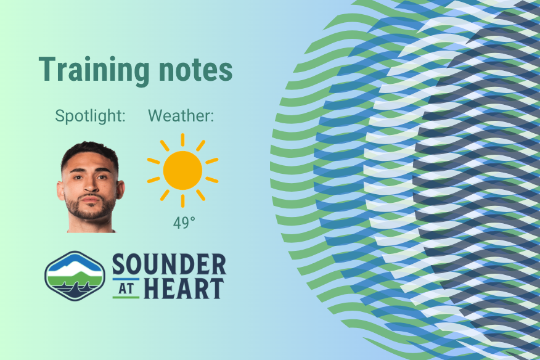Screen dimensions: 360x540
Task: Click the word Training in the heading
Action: (x=91, y=71)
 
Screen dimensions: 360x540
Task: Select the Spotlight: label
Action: (x=90, y=115)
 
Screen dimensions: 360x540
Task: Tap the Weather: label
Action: (x=181, y=115)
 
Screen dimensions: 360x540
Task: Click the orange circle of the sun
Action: (x=182, y=170)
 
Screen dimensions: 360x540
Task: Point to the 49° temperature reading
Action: (x=183, y=223)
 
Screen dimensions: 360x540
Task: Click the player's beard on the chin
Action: (x=91, y=213)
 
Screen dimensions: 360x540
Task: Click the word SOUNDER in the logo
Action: (x=169, y=265)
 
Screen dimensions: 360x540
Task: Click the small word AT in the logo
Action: (x=126, y=288)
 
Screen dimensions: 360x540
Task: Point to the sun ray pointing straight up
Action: (x=182, y=139)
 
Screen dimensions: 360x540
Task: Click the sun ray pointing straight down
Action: (x=182, y=201)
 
